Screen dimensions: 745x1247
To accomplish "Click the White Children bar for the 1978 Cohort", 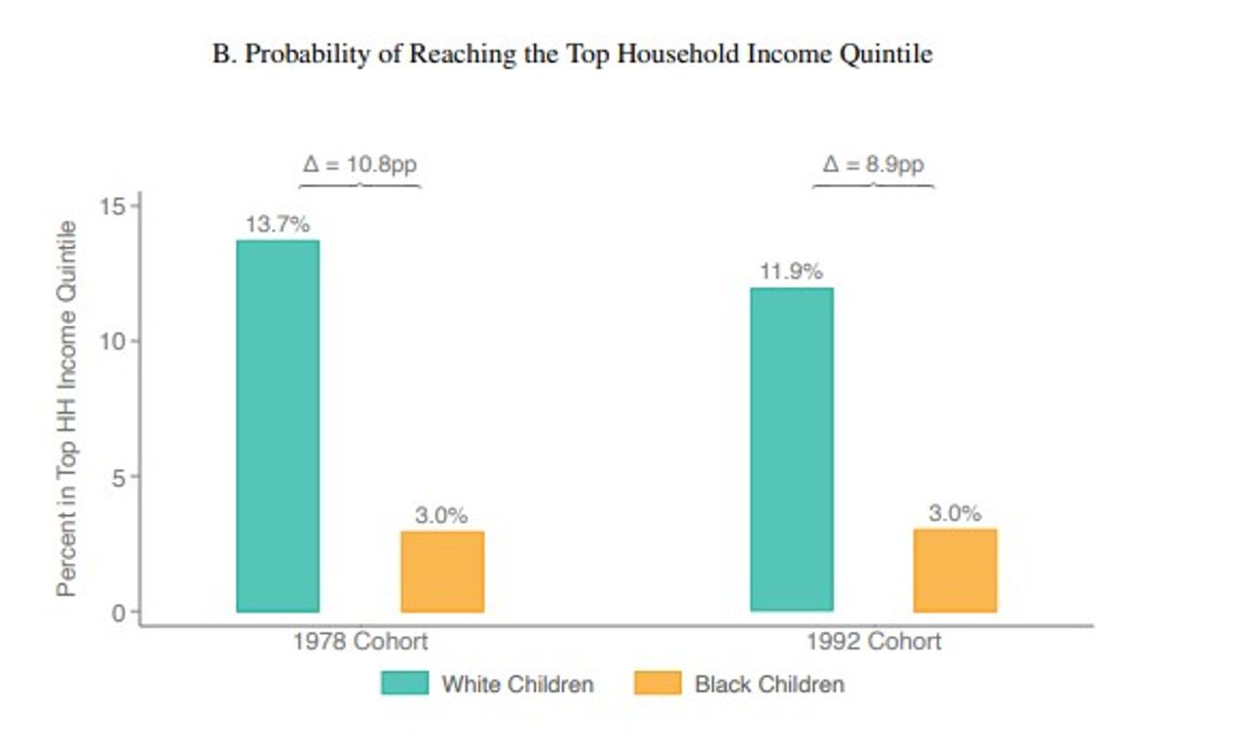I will click(278, 426).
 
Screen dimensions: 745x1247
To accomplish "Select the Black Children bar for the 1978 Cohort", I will click(442, 571).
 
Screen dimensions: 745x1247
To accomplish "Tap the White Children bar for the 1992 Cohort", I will click(791, 449).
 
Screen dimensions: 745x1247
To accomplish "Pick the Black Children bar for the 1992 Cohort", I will click(955, 570).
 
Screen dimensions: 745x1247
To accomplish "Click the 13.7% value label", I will click(278, 224).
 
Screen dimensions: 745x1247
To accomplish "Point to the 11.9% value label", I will click(791, 272).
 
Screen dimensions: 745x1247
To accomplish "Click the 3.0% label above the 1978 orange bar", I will click(441, 515).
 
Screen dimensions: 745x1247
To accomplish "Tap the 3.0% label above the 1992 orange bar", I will click(955, 513).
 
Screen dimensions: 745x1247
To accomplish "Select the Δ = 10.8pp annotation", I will click(359, 164).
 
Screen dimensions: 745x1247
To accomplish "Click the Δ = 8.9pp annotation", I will click(873, 164).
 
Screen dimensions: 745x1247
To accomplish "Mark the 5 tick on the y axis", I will click(116, 476).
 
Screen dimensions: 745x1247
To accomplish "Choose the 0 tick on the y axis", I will click(116, 613).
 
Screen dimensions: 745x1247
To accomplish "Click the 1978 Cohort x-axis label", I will click(359, 642).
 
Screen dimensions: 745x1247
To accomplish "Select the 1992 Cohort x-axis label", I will click(873, 642).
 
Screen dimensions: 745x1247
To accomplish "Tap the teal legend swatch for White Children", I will click(404, 684).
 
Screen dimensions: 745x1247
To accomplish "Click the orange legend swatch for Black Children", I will click(658, 684).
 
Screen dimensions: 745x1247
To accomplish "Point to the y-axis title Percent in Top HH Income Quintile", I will click(66, 409).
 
